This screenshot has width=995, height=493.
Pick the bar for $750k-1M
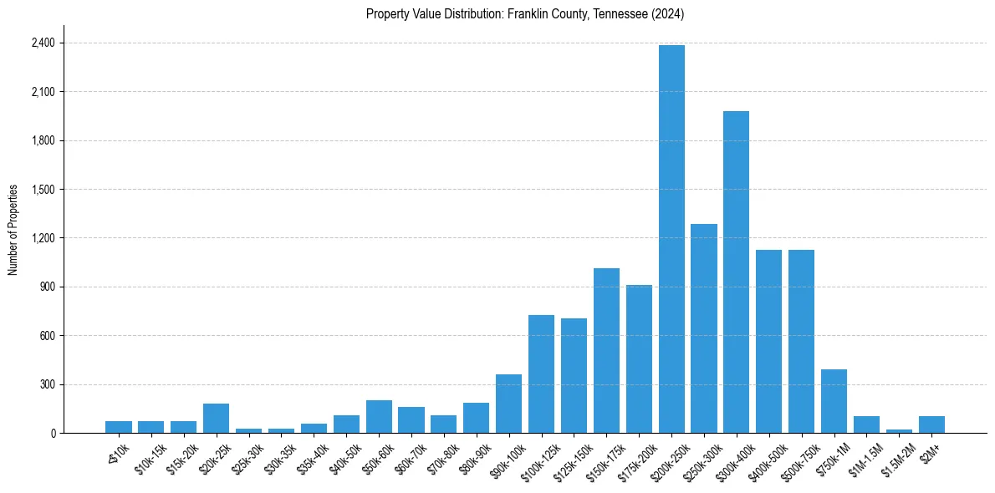[834, 401]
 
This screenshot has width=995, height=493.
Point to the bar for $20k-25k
[216, 419]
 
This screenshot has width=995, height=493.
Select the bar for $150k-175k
[606, 351]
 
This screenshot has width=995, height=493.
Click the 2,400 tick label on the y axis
[43, 43]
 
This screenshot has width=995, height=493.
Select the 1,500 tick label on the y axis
[43, 189]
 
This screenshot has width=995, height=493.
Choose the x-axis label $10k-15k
[148, 459]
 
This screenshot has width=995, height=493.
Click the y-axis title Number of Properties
[13, 230]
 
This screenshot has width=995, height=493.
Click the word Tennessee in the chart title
[620, 13]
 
